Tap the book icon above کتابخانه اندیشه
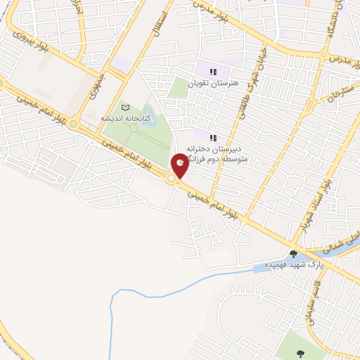[126, 107]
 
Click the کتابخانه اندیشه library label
[126, 117]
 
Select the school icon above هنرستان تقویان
[213, 71]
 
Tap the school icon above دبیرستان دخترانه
[213, 137]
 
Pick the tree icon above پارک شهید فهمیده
[293, 254]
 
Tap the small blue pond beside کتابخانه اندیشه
[133, 127]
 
